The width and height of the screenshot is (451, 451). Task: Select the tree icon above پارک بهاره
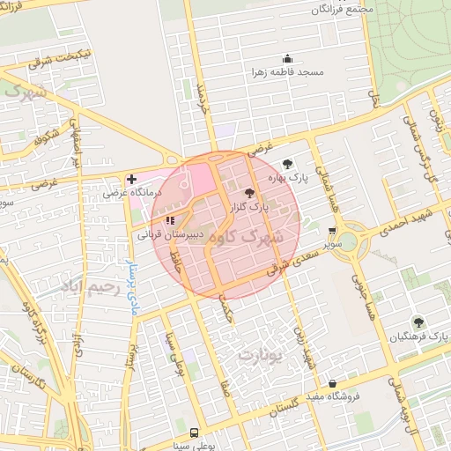point(287,163)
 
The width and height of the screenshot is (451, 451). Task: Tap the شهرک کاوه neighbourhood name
point(274,236)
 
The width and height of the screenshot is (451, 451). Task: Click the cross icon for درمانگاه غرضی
point(130,178)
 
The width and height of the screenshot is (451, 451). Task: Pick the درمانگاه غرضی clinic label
point(130,191)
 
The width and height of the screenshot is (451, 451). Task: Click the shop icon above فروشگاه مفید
point(331,384)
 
